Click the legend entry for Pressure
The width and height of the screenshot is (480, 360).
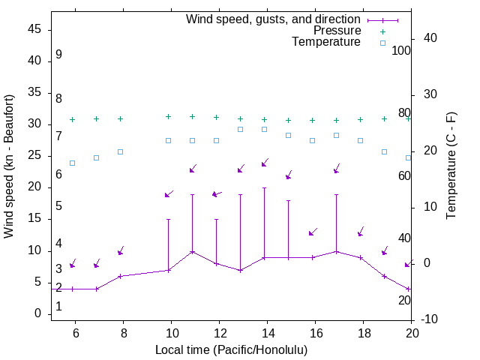[337, 31]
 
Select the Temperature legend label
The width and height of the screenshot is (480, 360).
[326, 42]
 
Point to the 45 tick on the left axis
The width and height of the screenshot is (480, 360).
[34, 29]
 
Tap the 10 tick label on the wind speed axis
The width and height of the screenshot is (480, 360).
[34, 250]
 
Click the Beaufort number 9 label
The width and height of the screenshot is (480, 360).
[58, 55]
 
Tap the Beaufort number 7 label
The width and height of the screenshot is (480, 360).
[58, 136]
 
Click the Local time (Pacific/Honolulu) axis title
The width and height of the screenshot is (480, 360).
[231, 349]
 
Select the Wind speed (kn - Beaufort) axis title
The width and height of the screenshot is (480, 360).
[9, 166]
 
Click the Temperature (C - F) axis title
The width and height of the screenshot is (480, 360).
[451, 166]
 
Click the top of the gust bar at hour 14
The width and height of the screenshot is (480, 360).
[264, 187]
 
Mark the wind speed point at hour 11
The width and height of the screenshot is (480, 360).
[192, 251]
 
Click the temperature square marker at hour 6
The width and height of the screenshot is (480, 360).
[72, 163]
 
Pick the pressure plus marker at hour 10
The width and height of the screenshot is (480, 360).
[168, 116]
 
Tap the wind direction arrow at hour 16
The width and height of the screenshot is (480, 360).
[313, 232]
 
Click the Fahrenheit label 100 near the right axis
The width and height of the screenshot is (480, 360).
[401, 51]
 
